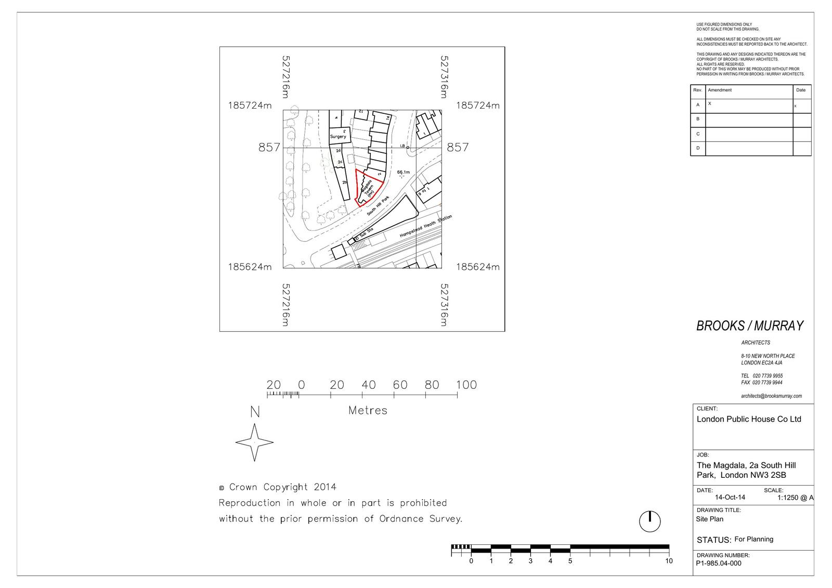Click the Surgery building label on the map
(337, 137)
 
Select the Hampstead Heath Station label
(426, 227)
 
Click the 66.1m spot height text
(404, 172)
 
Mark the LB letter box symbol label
(402, 146)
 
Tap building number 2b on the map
(344, 182)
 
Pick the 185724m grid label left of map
(250, 106)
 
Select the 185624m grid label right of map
(477, 267)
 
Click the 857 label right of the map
(458, 148)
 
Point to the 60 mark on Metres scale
(400, 385)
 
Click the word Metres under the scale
(368, 411)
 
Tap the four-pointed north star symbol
(254, 442)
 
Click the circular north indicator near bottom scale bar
(649, 521)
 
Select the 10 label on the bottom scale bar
(669, 561)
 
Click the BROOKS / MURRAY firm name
(750, 326)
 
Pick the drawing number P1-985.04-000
(719, 563)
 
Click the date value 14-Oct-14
(730, 498)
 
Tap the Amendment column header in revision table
(720, 90)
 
